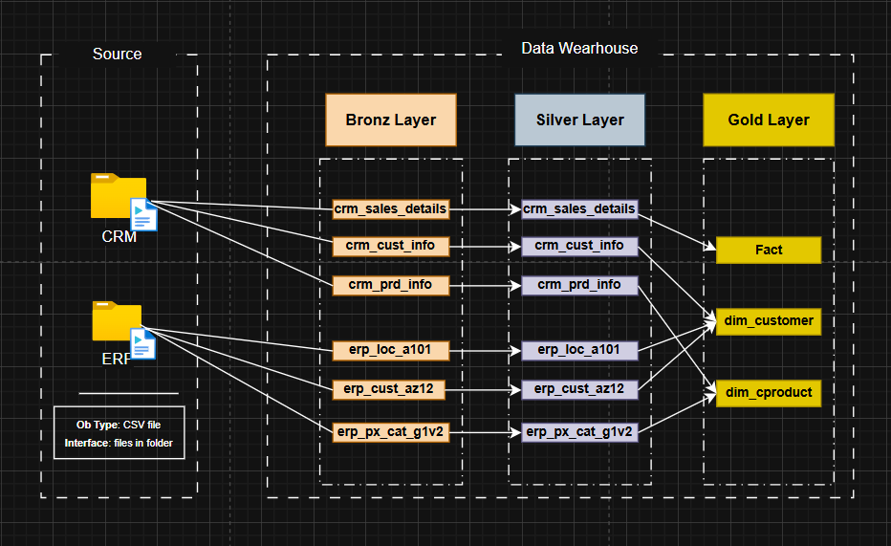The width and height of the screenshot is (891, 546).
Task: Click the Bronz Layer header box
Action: coord(391,120)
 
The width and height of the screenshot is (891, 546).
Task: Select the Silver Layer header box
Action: coord(579,120)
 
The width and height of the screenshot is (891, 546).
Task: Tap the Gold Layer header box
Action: coord(769,120)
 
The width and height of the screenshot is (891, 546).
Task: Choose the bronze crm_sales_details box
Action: coord(391,209)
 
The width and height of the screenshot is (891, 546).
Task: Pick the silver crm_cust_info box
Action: coord(579,246)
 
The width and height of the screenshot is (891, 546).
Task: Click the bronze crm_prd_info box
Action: coord(391,285)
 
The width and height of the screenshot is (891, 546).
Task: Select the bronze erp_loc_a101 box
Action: coord(391,351)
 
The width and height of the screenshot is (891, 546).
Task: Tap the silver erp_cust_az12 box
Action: coord(579,390)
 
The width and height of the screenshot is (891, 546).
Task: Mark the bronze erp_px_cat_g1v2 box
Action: coord(391,432)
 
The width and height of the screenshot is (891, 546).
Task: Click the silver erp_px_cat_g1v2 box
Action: coord(579,432)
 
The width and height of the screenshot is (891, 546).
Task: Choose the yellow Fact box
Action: coord(769,250)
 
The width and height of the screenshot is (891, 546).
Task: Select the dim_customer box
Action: coord(769,321)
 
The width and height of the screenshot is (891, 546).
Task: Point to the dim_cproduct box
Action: coord(769,393)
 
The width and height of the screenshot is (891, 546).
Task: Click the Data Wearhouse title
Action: coord(579,49)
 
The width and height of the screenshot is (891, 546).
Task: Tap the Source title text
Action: coord(117,54)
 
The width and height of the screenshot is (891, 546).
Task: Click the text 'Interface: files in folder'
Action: coord(119,443)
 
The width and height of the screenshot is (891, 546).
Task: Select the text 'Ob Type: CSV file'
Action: coord(119,425)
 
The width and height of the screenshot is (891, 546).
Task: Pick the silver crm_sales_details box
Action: coord(579,209)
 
